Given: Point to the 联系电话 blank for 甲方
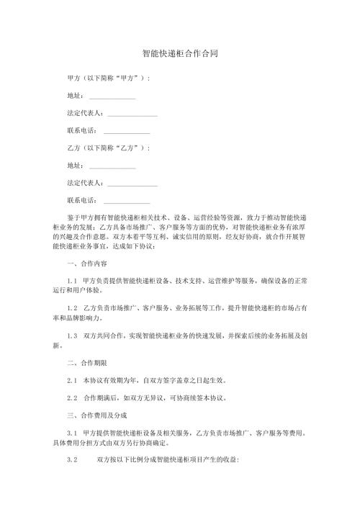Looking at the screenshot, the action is pyautogui.click(x=127, y=131).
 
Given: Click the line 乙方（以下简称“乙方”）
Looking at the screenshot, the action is pyautogui.click(x=108, y=148).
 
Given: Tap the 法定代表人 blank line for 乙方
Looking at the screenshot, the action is pyautogui.click(x=132, y=184).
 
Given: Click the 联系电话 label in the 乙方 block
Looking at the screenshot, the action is pyautogui.click(x=81, y=201).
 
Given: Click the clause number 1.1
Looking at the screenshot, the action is pyautogui.click(x=71, y=282).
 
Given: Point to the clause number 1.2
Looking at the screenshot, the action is pyautogui.click(x=71, y=308).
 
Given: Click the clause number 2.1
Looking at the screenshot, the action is pyautogui.click(x=71, y=379).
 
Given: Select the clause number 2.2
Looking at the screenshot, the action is pyautogui.click(x=71, y=397).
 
